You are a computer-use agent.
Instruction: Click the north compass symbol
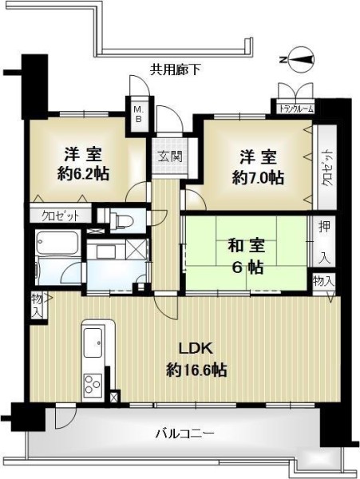pyautogui.click(x=299, y=60)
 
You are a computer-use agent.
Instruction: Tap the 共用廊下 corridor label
pyautogui.click(x=175, y=70)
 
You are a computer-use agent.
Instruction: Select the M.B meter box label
pyautogui.click(x=138, y=114)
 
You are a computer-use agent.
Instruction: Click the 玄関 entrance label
pyautogui.click(x=170, y=156)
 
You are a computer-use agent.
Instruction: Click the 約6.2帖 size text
pyautogui.click(x=83, y=173)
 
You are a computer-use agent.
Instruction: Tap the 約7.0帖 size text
pyautogui.click(x=258, y=177)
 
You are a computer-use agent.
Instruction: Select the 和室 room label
pyautogui.click(x=247, y=246)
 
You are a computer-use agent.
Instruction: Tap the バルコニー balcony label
pyautogui.click(x=185, y=433)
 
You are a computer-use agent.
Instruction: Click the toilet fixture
pyautogui.click(x=121, y=220)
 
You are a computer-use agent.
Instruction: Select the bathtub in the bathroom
pyautogui.click(x=57, y=243)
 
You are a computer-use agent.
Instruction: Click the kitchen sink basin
pyautogui.click(x=93, y=342)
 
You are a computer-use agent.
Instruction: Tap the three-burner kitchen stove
pyautogui.click(x=93, y=384)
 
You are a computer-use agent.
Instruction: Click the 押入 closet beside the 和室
pyautogui.click(x=323, y=241)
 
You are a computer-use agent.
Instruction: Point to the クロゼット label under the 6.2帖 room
pyautogui.click(x=61, y=216)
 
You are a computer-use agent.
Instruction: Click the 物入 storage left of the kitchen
pyautogui.click(x=38, y=305)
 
